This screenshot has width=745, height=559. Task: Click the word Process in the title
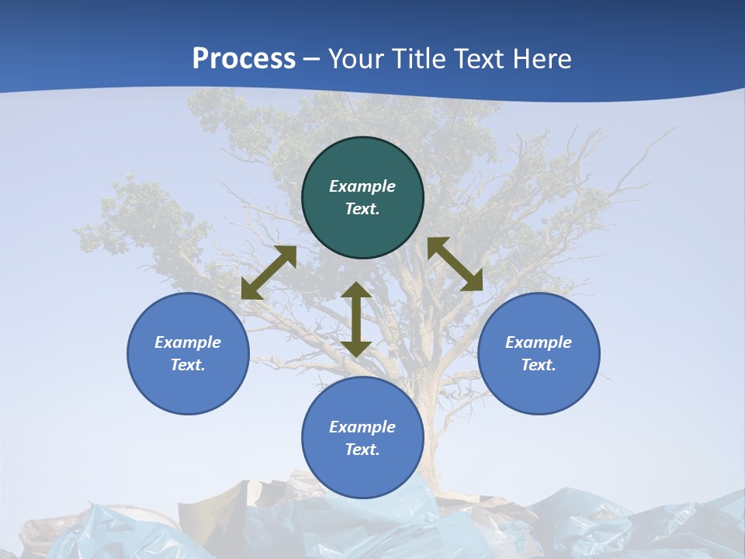coord(244,59)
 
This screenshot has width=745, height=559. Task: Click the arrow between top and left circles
coord(269,273)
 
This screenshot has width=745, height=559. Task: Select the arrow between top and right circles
coord(455,264)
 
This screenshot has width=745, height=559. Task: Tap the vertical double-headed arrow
coord(356,319)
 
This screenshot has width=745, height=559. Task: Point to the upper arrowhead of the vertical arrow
coord(356,290)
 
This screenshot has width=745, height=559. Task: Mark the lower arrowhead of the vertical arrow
coord(356,348)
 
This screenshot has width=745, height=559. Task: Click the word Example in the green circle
coord(362,186)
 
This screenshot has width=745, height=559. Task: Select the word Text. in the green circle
coord(362,209)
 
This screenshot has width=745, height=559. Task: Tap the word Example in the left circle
coord(188,342)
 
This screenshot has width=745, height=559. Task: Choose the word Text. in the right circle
coord(539,365)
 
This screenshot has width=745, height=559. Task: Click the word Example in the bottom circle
coord(362,427)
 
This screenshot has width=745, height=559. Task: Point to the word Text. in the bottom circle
coord(362,450)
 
